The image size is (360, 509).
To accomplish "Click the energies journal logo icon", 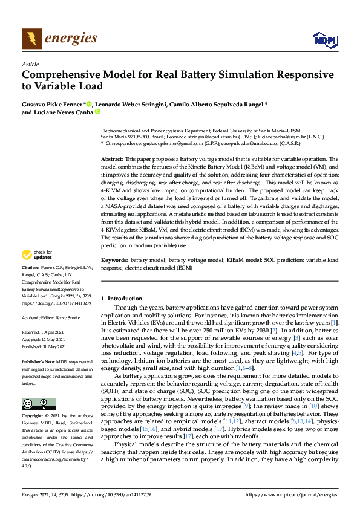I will pos(32,39).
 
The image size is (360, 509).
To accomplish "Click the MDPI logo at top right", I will pos(324,40).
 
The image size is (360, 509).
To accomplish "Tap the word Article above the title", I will pos(30,64).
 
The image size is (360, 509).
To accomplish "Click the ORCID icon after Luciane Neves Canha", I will pos(96,112).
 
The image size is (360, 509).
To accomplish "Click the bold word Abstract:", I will pos(112,158).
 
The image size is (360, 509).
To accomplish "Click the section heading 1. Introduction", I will pos(121,299).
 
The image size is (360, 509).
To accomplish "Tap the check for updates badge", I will pos(36,271).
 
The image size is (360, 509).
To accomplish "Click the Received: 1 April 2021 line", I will pos(44,333).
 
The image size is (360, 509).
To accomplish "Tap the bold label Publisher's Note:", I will pos(38,361).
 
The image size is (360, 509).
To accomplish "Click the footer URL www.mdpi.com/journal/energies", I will pos(292,494).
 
